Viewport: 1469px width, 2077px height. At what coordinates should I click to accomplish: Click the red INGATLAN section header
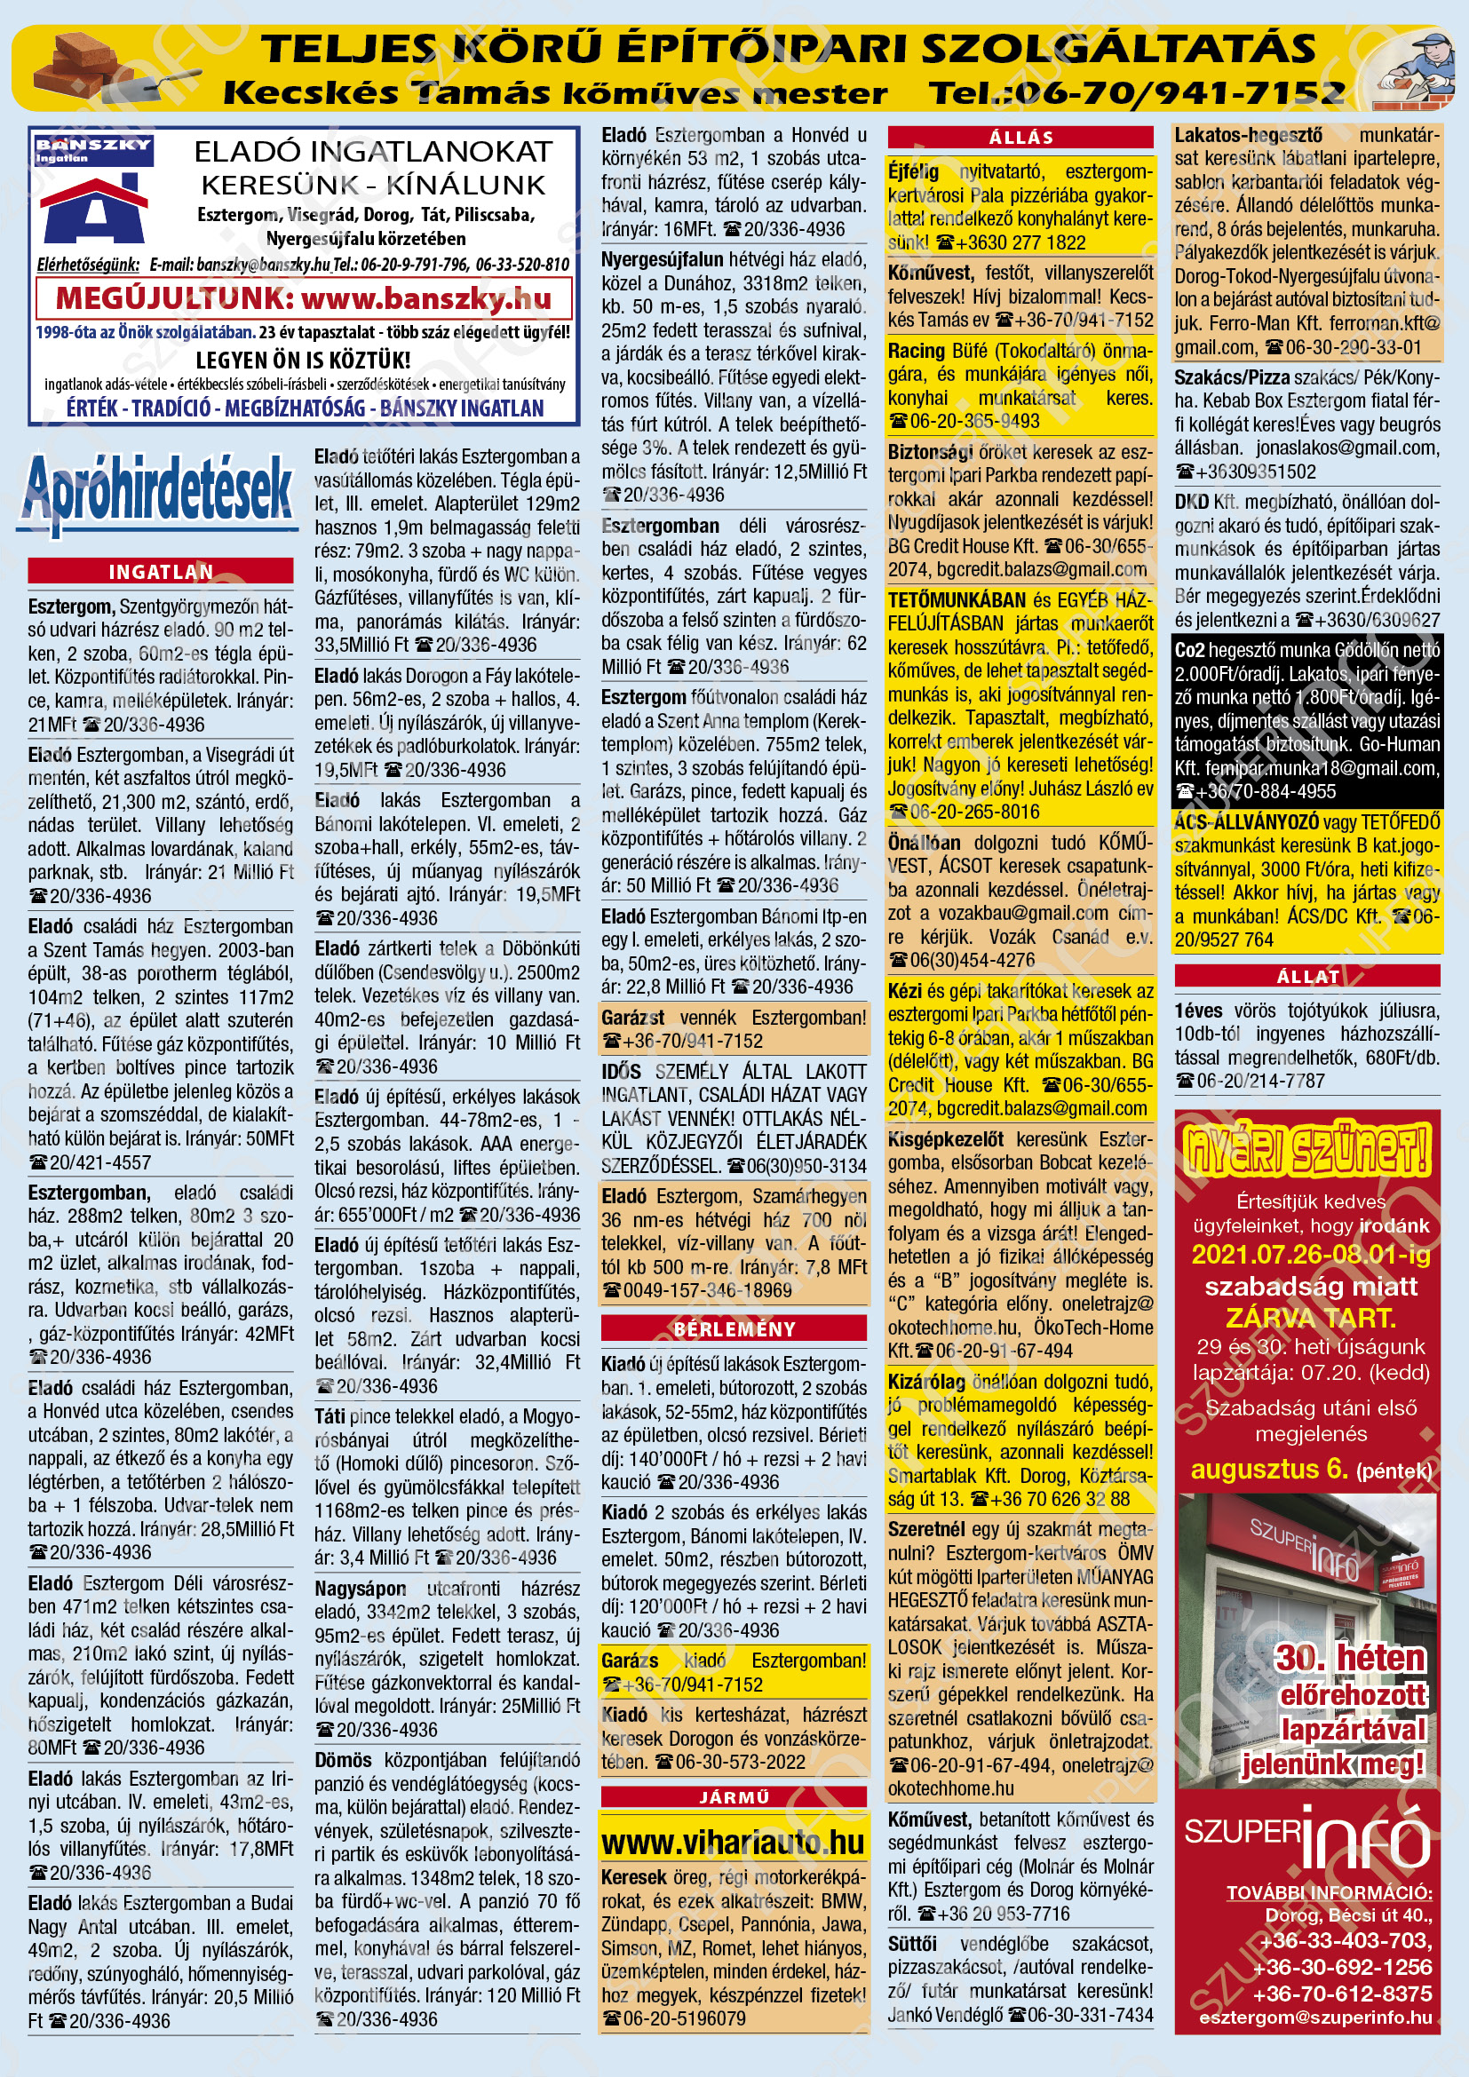click(160, 571)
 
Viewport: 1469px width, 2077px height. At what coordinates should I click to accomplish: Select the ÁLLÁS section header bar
click(1020, 138)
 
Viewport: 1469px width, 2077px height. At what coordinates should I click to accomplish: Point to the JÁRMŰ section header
click(734, 1796)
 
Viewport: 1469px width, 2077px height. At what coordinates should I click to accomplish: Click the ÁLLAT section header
click(1307, 976)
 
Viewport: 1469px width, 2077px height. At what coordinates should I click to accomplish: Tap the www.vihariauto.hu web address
click(733, 1842)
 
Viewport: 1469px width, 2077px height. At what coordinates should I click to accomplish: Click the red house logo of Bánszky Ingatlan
click(93, 212)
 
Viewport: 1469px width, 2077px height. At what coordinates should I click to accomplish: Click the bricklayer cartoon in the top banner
click(1414, 69)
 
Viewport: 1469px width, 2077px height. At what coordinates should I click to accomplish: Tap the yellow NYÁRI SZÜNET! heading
click(1307, 1149)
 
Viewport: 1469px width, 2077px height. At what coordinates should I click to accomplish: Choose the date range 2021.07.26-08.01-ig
click(1311, 1255)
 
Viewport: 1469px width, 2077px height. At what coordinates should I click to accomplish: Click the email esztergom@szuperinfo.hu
click(1315, 2018)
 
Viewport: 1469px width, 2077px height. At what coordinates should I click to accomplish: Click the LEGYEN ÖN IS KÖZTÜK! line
click(303, 360)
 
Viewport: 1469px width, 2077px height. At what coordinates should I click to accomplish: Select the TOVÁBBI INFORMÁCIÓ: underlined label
click(1329, 1892)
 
